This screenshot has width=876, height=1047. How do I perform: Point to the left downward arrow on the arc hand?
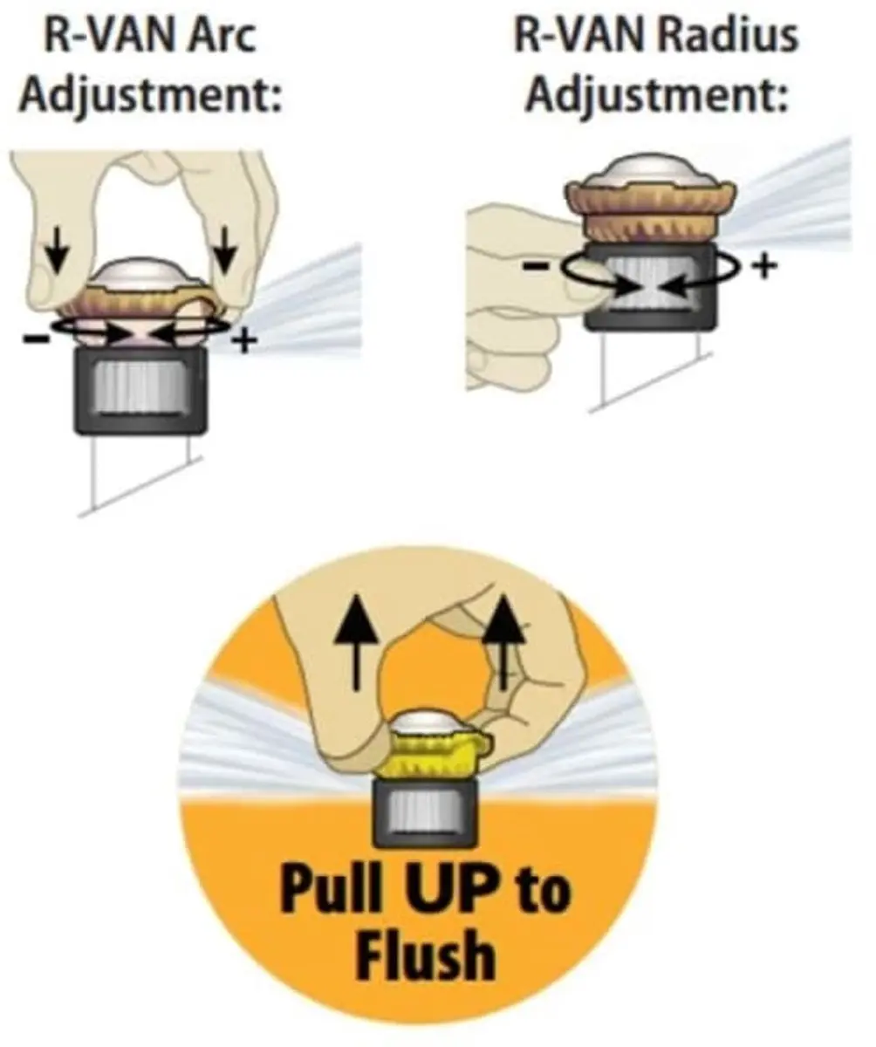coord(58,250)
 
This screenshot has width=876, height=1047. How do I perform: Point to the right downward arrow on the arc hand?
coord(225,250)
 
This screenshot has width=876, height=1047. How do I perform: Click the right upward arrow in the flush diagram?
coord(504,641)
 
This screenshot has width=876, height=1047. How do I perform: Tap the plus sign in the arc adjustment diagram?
coord(244,341)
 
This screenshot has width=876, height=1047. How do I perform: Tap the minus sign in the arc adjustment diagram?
coord(36,339)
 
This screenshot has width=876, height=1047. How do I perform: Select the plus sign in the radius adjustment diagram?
coord(764,266)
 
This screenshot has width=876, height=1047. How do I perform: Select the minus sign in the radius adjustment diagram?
coord(535,265)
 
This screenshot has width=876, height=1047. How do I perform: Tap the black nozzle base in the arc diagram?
coord(140,391)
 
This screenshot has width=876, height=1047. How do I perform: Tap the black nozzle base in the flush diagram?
coord(424,813)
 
